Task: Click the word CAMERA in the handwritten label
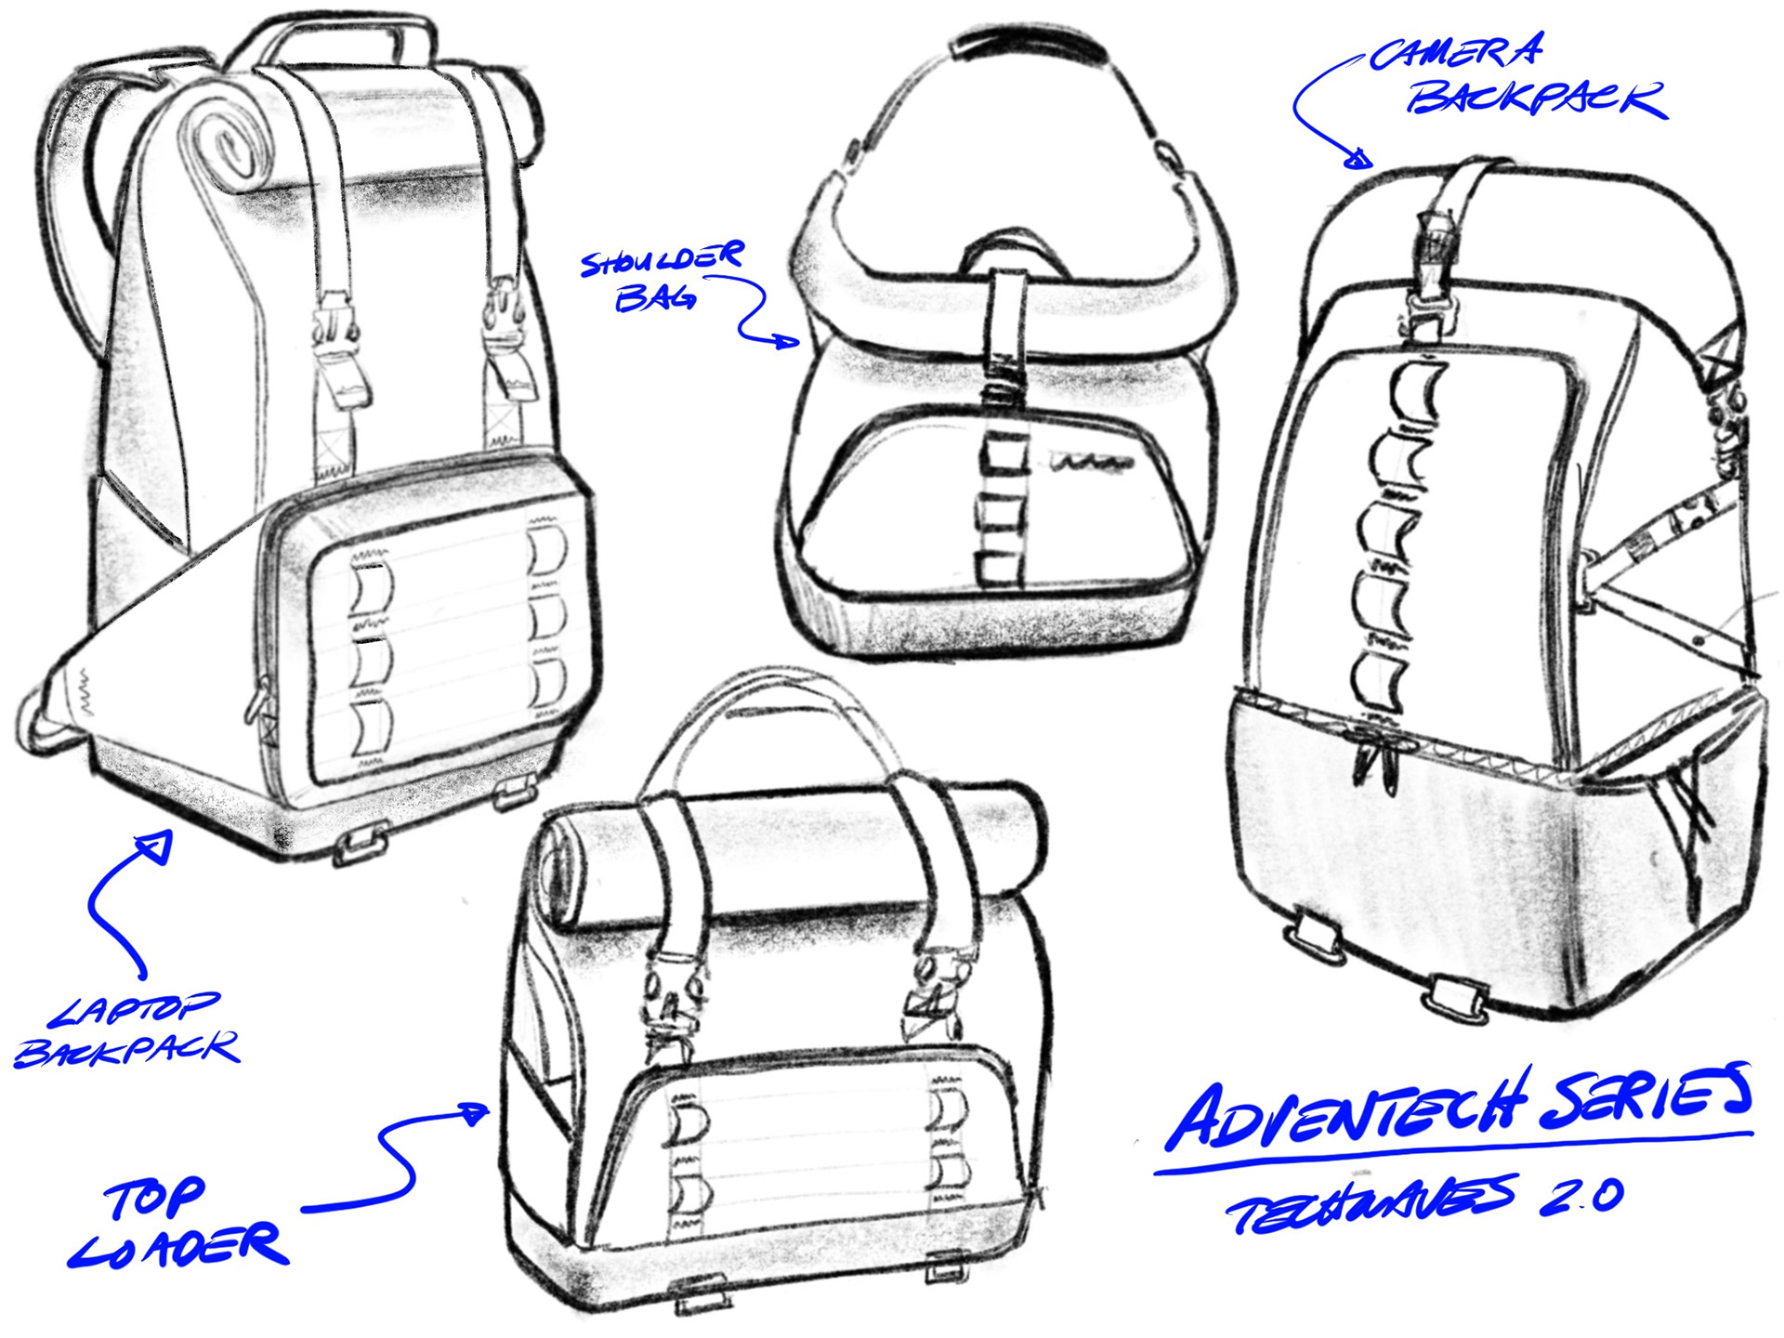1456,53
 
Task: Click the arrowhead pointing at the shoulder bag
787,341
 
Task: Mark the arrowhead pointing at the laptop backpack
155,846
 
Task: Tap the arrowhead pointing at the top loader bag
475,1112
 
